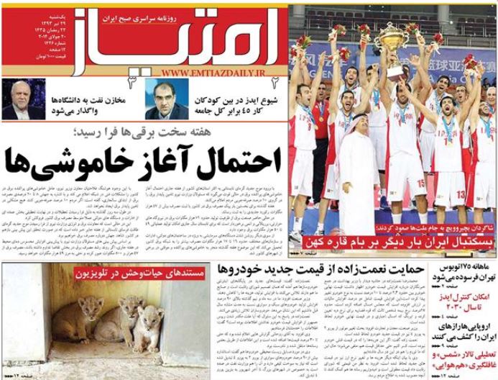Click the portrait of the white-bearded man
click(x=21, y=100)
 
